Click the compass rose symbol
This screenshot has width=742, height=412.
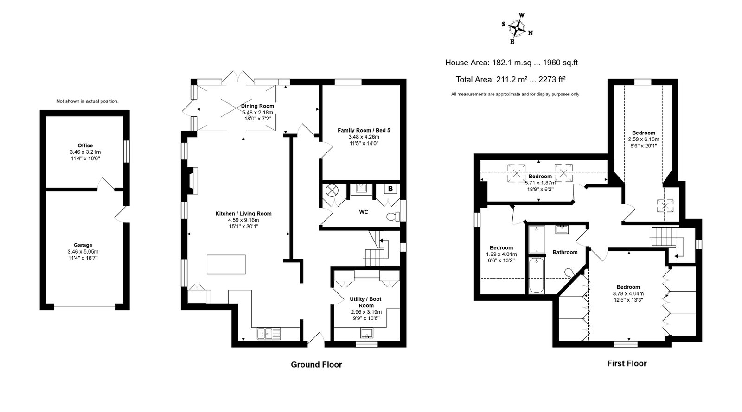tap(517, 28)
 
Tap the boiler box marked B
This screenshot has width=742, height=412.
tap(390, 189)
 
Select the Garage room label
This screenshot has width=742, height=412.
tap(83, 245)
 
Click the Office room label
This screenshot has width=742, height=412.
tap(85, 146)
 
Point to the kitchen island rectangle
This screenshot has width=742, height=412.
tap(226, 265)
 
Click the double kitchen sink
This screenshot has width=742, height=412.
tap(269, 334)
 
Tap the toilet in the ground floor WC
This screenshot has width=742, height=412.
tap(393, 217)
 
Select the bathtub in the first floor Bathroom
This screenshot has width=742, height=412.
tap(537, 276)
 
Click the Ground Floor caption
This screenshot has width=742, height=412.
tap(316, 365)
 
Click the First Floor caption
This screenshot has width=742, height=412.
tap(627, 363)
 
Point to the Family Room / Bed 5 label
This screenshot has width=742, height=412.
tap(364, 130)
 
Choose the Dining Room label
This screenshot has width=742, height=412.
tap(257, 106)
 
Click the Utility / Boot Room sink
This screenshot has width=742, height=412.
tap(367, 333)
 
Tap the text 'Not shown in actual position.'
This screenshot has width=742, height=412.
tap(87, 101)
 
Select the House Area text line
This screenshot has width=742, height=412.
tap(511, 63)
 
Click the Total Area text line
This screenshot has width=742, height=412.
tap(511, 79)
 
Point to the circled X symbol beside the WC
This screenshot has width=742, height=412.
tap(331, 190)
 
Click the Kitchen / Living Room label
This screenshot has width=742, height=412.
tap(243, 214)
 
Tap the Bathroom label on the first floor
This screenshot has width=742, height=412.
tap(565, 252)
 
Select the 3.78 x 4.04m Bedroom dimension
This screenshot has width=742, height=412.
tap(628, 293)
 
